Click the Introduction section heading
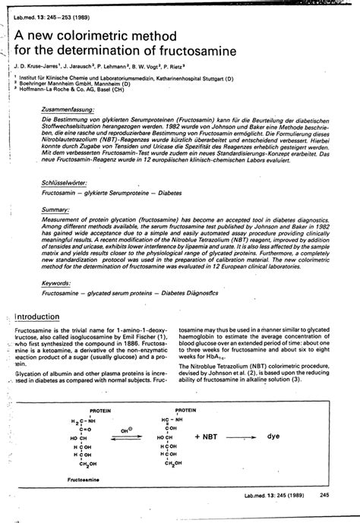click(x=43, y=317)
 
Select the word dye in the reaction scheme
click(x=273, y=437)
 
